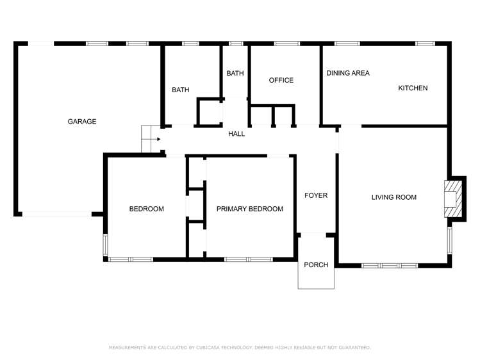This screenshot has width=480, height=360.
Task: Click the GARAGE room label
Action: [x=82, y=122]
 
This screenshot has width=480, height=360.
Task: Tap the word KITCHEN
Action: [x=413, y=88]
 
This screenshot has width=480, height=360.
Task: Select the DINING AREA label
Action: [x=348, y=73]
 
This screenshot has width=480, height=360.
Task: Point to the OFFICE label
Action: [x=281, y=80]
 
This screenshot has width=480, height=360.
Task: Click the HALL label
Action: [x=236, y=134]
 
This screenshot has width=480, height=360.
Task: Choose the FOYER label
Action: [x=315, y=195]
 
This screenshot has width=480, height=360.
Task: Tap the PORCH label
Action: [x=315, y=265]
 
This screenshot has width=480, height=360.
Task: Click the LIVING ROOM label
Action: [x=393, y=197]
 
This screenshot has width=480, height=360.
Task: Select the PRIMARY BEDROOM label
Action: [x=249, y=209]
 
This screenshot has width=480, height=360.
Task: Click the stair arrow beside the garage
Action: [x=154, y=138]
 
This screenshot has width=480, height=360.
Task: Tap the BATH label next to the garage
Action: [x=180, y=90]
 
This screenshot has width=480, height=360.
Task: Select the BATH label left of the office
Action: [x=235, y=74]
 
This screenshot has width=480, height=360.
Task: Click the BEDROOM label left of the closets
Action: [x=146, y=209]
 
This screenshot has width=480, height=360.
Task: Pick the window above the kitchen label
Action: [x=425, y=44]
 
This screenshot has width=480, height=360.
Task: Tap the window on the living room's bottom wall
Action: [x=390, y=265]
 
